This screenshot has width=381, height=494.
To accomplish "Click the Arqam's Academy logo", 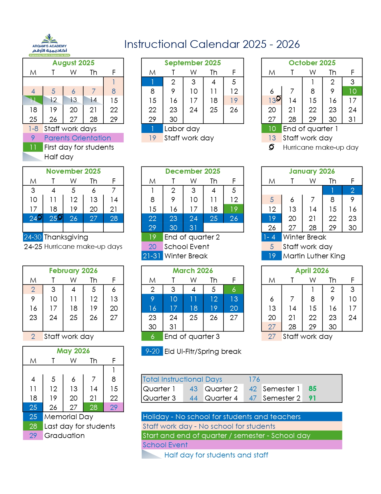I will (x=50, y=45).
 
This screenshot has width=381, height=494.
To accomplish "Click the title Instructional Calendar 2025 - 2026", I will (x=212, y=44).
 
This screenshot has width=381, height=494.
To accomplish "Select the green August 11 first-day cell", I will (x=33, y=100).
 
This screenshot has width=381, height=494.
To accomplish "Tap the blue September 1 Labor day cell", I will (x=152, y=82).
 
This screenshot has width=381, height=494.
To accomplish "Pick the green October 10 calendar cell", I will (x=352, y=91).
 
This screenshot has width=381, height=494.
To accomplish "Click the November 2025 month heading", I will (x=73, y=171).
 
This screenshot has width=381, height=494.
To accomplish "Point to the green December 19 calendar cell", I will (x=234, y=209).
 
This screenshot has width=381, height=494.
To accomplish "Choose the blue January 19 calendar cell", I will (x=272, y=218).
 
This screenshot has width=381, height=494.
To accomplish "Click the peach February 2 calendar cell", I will (x=33, y=290).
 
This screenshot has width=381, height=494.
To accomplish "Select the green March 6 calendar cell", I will (x=234, y=290).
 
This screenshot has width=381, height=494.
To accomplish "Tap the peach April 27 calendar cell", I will (x=272, y=327).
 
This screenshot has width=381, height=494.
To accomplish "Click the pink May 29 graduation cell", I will (x=114, y=407).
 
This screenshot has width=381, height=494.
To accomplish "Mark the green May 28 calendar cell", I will (x=94, y=407).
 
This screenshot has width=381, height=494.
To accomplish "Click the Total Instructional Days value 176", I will (x=254, y=379).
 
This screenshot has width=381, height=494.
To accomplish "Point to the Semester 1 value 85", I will (x=312, y=389).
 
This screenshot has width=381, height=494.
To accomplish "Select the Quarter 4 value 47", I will (x=253, y=398).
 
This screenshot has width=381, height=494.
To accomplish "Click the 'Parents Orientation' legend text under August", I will (x=77, y=138).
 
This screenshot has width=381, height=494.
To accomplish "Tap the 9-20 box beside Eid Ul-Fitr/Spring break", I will (x=152, y=351).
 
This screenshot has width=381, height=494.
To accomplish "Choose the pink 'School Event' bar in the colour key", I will (x=241, y=445).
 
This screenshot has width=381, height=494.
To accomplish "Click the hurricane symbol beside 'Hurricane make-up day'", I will (x=271, y=147).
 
